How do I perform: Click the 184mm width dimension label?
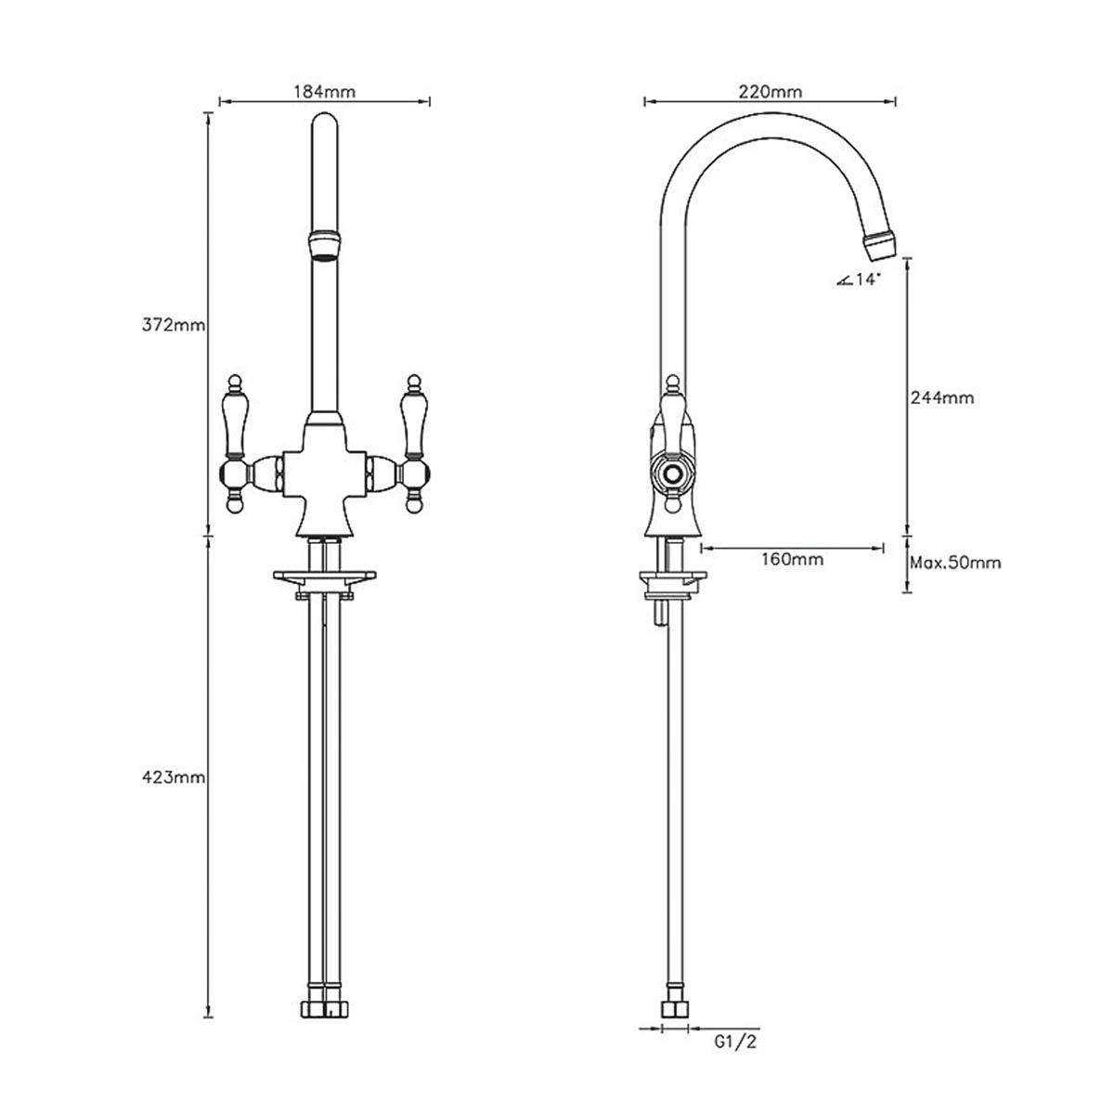point(324,91)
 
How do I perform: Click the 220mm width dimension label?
point(770,91)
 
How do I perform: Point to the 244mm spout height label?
point(942,397)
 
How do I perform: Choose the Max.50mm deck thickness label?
point(955,563)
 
